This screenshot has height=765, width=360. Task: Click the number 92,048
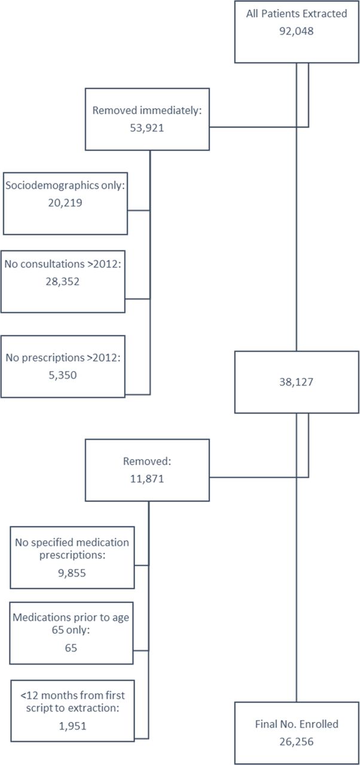coord(297,31)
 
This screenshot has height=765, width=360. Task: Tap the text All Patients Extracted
coord(297,14)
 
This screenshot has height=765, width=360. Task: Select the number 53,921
coord(147,128)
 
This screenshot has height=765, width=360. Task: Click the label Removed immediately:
coord(147,111)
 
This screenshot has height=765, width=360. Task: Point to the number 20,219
coord(65,203)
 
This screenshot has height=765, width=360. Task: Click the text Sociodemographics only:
coord(65,185)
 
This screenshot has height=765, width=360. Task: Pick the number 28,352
coord(63,281)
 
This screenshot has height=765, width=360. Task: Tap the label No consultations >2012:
coord(63,264)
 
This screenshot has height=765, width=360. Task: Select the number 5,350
coord(63,375)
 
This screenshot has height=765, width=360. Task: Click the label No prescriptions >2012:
coord(63,357)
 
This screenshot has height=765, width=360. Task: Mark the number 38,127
coord(297,382)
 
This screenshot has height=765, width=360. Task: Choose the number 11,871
coord(147,479)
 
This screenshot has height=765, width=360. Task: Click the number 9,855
coord(72,573)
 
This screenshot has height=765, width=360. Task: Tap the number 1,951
coord(73,726)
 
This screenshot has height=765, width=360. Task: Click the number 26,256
coord(297,742)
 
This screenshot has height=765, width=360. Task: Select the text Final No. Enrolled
coord(297,724)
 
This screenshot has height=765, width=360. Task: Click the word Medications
coord(42,617)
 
